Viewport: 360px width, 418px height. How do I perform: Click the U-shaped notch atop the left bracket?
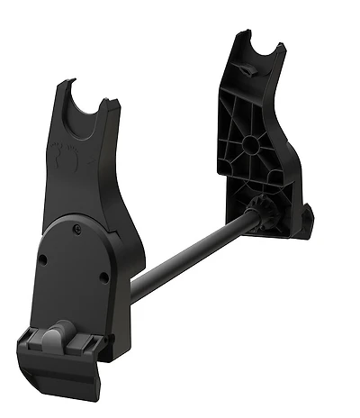click(90, 106)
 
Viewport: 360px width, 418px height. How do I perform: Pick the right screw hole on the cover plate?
click(104, 277)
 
